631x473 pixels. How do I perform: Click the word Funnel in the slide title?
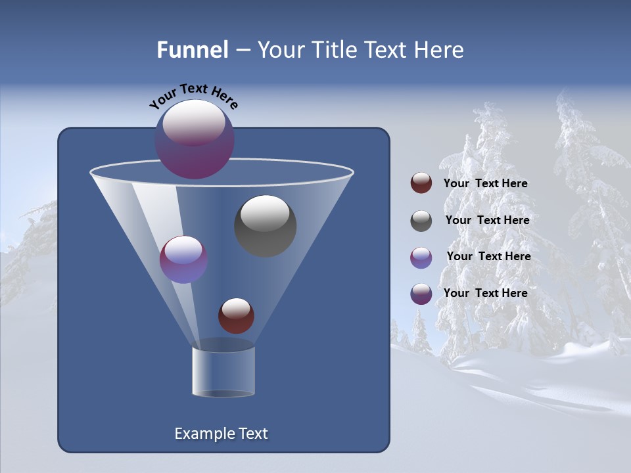click(x=192, y=50)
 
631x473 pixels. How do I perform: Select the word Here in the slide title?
click(x=438, y=50)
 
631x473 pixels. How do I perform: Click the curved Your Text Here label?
click(x=193, y=96)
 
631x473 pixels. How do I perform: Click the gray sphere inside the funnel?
click(x=266, y=226)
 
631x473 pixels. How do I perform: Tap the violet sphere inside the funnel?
click(x=184, y=259)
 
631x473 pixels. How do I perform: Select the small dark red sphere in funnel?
click(x=236, y=316)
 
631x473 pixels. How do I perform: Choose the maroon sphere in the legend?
click(x=421, y=183)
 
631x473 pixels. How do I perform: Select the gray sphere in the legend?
click(x=421, y=221)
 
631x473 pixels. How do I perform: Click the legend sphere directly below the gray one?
click(x=421, y=258)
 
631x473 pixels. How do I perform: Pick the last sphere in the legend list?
click(x=421, y=294)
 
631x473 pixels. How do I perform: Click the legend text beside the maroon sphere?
click(x=486, y=184)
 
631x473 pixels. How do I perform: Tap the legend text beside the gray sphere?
click(x=487, y=221)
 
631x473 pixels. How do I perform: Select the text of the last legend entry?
click(x=486, y=293)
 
